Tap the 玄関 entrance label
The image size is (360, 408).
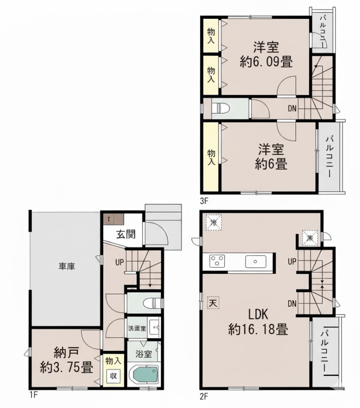pos(125,234)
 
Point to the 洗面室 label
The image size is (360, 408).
pos(137,329)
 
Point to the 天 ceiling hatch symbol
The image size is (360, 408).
pos(213,303)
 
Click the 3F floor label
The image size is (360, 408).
pos(204,201)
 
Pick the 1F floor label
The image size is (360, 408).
pos(33,396)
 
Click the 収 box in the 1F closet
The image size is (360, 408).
pos(113,376)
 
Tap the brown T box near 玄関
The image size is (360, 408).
pos(108,219)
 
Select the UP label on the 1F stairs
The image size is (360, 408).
pos(119,263)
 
